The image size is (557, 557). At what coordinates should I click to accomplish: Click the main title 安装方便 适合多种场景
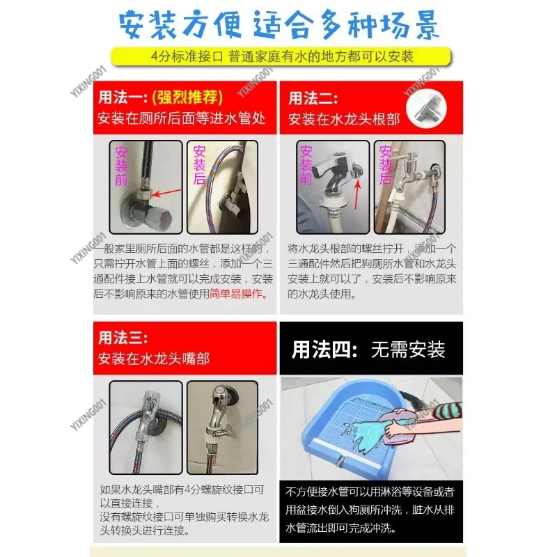278,26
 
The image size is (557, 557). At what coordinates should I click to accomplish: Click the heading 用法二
313,97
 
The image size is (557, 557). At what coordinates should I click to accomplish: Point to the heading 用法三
123,338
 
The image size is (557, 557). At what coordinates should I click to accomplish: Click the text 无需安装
408,348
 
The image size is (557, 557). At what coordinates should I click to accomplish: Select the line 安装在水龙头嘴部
154,359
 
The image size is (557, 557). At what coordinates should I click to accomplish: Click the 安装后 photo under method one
223,188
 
